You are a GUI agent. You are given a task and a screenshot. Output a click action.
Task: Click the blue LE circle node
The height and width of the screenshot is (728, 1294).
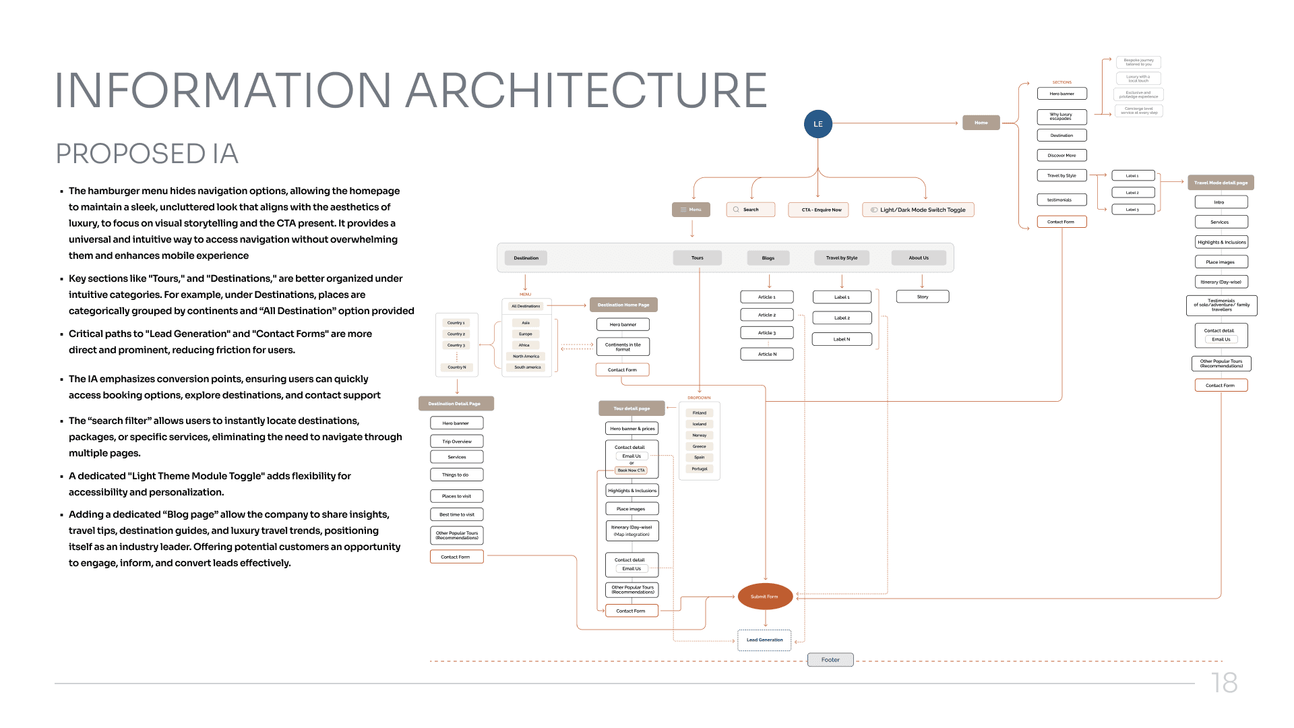point(818,124)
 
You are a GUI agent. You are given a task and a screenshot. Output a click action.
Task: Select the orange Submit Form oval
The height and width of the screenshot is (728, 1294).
point(765,597)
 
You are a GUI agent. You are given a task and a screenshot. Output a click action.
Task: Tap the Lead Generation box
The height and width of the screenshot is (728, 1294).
point(764,640)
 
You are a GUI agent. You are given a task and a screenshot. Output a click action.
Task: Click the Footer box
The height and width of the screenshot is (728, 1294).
point(830,660)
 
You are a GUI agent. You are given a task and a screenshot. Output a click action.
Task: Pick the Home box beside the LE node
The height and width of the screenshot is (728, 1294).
point(981,123)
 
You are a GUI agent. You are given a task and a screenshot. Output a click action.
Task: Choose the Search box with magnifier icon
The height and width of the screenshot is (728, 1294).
point(750,210)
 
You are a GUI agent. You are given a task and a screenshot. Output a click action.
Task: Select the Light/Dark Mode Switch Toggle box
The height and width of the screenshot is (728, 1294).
point(918,210)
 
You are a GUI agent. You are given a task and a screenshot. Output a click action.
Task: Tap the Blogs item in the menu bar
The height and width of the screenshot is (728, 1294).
point(768,257)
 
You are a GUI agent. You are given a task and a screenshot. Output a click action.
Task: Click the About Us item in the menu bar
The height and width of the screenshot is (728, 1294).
point(918,257)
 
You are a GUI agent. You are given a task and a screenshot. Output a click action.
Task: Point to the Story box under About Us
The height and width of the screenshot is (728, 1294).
point(923,297)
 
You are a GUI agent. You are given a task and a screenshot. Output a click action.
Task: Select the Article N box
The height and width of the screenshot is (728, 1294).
point(767,354)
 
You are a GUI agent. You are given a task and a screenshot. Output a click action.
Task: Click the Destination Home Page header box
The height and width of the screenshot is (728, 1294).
point(623,305)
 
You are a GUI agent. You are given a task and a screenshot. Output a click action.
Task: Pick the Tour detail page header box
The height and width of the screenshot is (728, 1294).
point(631,408)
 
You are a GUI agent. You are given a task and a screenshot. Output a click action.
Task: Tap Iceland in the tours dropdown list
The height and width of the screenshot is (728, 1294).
point(700,424)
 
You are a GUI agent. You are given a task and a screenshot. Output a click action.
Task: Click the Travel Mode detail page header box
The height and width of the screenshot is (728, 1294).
point(1221,183)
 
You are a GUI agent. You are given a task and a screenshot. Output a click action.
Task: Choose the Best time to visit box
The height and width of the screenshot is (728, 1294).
point(457,514)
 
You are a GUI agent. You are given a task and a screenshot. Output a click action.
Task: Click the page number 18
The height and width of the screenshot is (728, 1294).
point(1224,683)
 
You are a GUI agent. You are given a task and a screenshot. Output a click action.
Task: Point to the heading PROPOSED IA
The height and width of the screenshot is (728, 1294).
point(147,154)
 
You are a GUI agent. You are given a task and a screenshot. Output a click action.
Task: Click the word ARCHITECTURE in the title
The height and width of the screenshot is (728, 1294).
point(586,90)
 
